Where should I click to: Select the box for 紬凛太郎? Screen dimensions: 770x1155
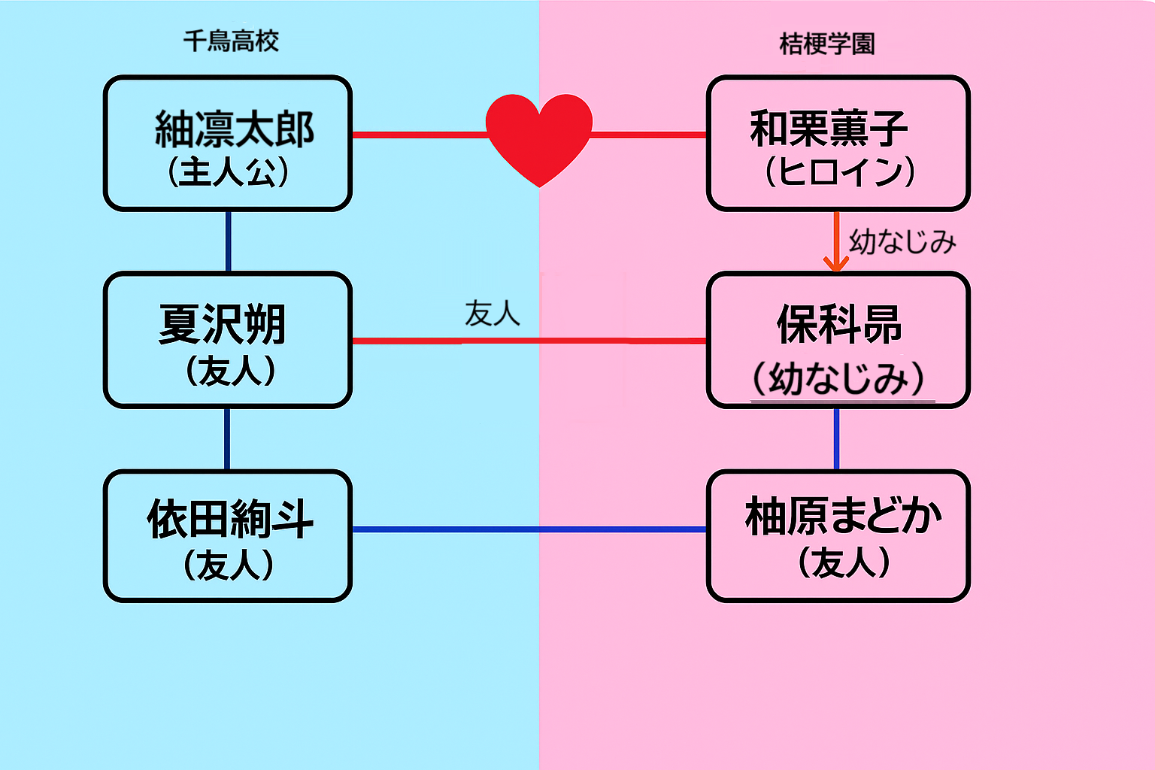click(228, 143)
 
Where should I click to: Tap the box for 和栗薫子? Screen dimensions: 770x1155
click(838, 143)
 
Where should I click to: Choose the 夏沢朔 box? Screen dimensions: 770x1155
click(228, 340)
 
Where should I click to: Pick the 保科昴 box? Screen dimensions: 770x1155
click(838, 340)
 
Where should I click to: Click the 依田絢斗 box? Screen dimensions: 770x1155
click(228, 535)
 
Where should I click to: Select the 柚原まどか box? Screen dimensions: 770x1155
click(838, 535)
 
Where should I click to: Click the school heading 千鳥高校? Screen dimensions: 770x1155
click(231, 41)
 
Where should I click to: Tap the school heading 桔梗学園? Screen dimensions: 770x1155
click(827, 44)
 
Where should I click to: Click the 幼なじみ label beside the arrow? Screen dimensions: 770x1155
click(902, 242)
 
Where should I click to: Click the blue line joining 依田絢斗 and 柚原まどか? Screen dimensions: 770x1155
click(529, 529)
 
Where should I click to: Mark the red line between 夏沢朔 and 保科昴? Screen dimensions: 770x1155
click(529, 341)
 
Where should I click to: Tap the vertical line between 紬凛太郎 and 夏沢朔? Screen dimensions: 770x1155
click(228, 241)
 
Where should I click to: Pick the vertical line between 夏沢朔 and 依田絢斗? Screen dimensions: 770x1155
click(227, 439)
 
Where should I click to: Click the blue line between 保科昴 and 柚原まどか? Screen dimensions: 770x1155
click(836, 439)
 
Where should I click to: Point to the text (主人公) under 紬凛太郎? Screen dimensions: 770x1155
click(228, 171)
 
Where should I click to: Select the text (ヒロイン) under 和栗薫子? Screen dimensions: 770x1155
click(839, 171)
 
